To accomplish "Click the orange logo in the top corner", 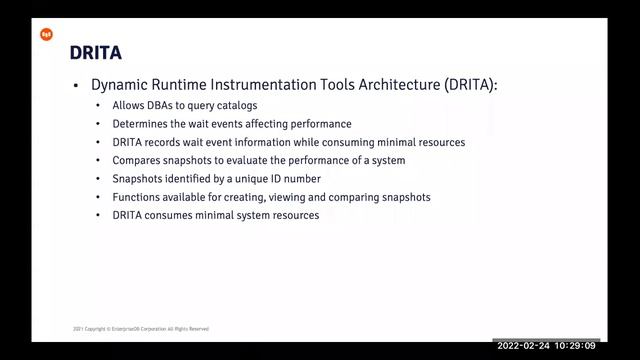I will coord(46,34).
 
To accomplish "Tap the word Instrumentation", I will coord(275,86).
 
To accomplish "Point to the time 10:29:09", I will coord(577,345).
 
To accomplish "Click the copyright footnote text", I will coord(141,328).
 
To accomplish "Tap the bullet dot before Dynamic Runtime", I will coord(74,87).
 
